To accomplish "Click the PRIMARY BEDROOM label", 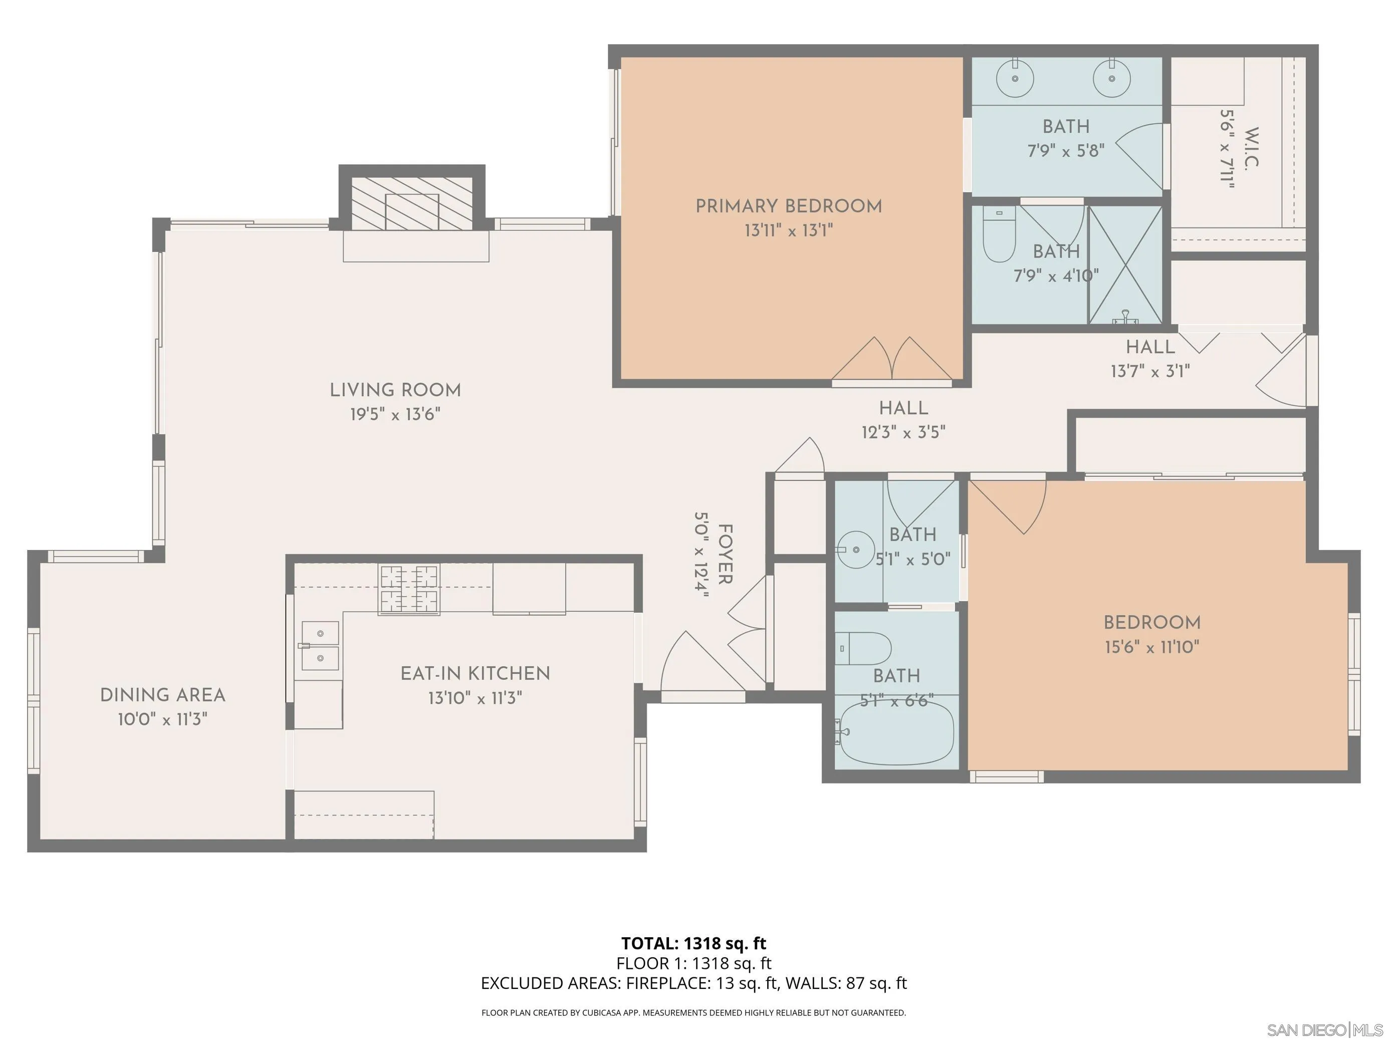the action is point(789,206).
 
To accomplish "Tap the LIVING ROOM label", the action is point(395,390).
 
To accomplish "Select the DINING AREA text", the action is point(162,695).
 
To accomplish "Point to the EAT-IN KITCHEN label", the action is point(475,674).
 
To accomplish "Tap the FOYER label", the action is point(725,554).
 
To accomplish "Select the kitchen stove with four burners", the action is point(408,589).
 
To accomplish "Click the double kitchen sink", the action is point(320,646).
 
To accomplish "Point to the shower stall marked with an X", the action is point(1125,265).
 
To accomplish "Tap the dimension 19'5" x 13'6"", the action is point(395,415).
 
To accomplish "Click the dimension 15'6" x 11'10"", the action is point(1152,647).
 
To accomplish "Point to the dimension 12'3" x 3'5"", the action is point(903,432).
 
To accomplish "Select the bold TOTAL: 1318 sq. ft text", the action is point(693,943).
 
